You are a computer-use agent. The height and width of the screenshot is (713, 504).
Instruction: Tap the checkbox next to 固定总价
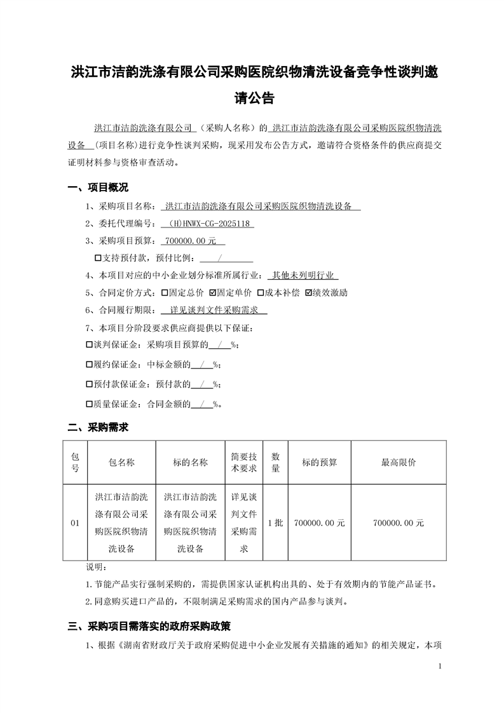pos(165,293)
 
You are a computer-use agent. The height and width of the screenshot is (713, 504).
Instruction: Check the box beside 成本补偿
pos(260,293)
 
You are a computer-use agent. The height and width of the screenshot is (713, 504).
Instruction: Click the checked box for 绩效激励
pos(308,293)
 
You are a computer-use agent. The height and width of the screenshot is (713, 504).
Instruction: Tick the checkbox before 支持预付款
pos(98,259)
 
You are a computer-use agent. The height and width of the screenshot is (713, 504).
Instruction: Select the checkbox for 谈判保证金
pos(88,344)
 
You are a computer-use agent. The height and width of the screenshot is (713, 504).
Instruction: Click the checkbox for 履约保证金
pos(88,365)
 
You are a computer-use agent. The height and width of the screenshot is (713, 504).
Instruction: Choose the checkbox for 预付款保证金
pos(88,384)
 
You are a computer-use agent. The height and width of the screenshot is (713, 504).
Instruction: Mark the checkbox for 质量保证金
pos(88,404)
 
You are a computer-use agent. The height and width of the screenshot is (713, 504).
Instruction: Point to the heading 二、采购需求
pos(98,428)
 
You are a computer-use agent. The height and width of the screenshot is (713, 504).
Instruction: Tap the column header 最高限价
pos(398,463)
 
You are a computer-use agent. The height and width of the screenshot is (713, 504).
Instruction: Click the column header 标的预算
pos(319,463)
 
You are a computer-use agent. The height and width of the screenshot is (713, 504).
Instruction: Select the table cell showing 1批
pos(276,523)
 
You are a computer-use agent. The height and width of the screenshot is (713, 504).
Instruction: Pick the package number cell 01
pos(75,523)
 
